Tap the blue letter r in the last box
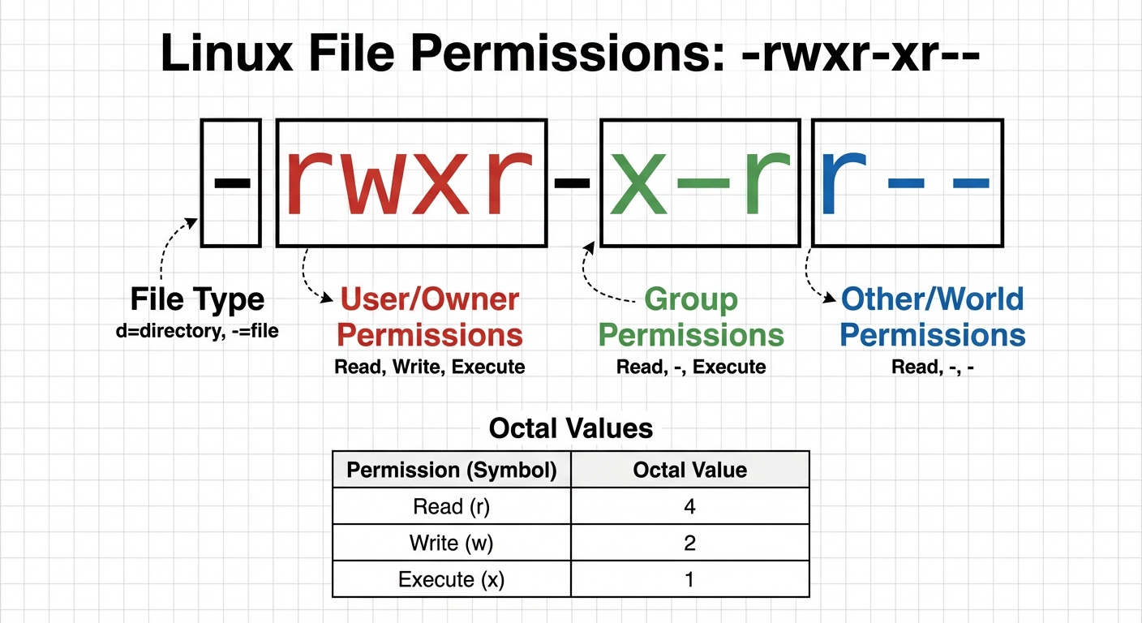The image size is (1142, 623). (841, 185)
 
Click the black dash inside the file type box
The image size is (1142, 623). (231, 183)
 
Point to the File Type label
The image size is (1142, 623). (197, 300)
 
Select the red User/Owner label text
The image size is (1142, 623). (430, 300)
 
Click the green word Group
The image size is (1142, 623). (691, 300)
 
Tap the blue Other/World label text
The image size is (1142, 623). (933, 300)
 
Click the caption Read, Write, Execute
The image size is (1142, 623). (430, 367)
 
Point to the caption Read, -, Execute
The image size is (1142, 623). (691, 367)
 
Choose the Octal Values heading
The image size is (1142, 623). (571, 428)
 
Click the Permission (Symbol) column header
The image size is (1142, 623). (452, 470)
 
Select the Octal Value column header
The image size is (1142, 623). (689, 470)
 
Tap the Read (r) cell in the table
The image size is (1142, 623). (452, 507)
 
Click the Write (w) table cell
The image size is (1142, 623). (452, 543)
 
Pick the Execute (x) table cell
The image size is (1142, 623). (452, 579)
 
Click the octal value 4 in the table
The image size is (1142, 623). (689, 507)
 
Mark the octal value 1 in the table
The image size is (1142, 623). (689, 579)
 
